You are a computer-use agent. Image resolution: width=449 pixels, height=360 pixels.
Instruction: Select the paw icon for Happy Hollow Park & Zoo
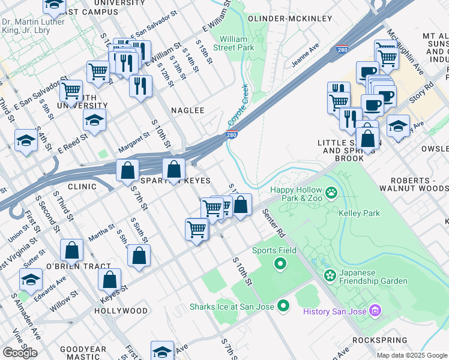pos(331,193)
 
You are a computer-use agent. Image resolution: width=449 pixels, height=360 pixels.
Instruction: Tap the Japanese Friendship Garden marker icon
pos(330,275)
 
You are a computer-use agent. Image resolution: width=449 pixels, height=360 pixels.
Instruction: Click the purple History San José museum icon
pos(376,311)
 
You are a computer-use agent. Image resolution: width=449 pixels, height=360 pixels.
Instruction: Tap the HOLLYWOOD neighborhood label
pos(121,311)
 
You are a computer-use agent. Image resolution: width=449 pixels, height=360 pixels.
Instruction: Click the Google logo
pos(20,353)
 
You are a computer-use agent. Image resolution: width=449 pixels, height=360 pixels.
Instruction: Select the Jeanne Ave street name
pos(305,55)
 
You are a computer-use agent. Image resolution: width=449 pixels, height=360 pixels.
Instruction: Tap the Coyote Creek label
pos(238,106)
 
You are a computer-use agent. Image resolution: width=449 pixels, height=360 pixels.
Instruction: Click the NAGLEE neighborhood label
pos(188,110)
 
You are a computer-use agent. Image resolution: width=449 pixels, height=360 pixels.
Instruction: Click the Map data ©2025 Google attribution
pos(412,355)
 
